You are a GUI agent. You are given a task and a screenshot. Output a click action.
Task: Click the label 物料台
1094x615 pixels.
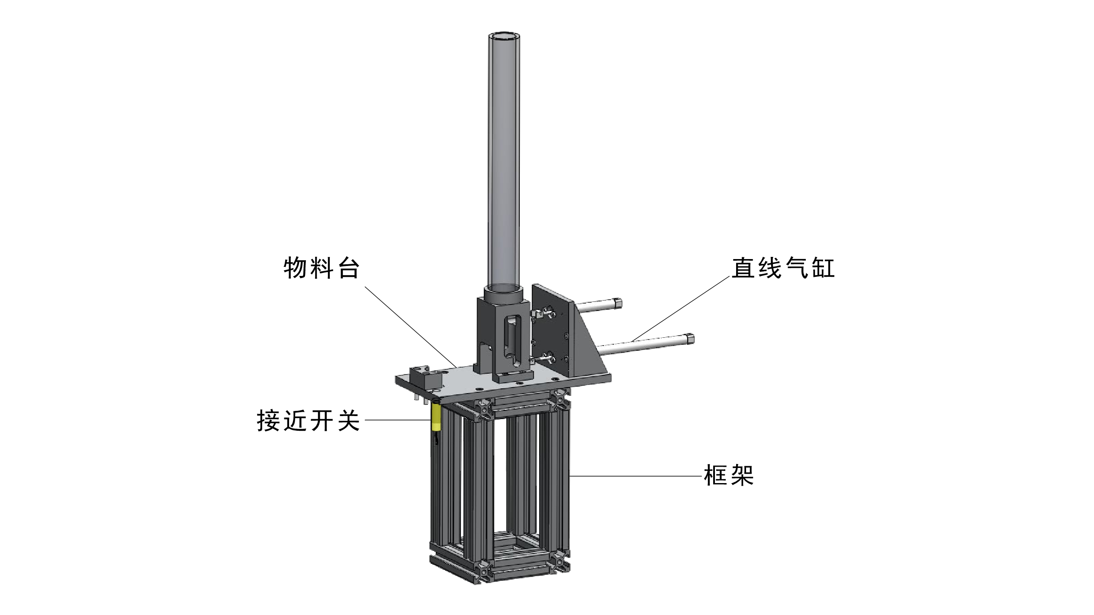point(322,268)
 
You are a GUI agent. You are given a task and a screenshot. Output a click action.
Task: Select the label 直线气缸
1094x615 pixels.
point(783,268)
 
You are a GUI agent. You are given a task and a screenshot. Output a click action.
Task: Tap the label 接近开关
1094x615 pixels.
point(309,420)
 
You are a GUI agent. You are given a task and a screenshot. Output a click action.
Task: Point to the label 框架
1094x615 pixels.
point(729,476)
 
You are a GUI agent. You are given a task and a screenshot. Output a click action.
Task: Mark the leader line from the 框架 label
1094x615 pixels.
point(636,476)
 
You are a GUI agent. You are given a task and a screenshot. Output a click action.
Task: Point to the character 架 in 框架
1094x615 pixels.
point(743,476)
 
